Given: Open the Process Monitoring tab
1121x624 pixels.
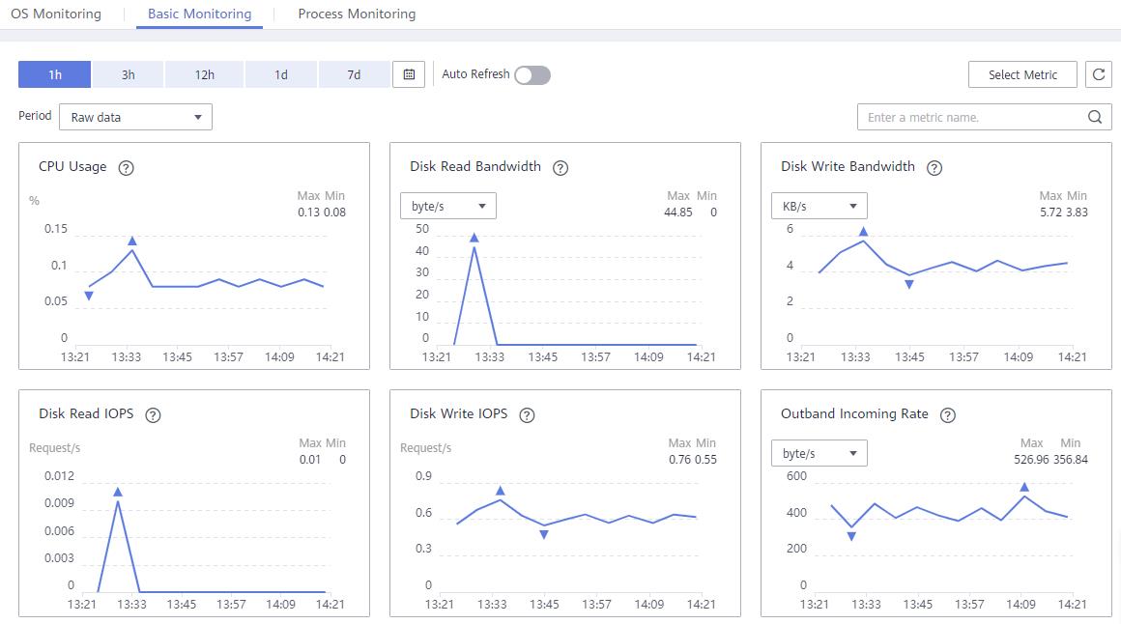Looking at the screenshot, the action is coord(357,14).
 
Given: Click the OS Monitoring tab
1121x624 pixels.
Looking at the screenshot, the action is coord(56,14).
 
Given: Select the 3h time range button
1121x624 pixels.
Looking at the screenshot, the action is coord(128,74).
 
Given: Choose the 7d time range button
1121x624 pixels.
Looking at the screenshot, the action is coord(354,74).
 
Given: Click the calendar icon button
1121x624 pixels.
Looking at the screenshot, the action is coord(409,74).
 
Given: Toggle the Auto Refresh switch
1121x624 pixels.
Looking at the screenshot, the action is coord(532,75).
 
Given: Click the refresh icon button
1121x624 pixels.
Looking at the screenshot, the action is coord(1099,74).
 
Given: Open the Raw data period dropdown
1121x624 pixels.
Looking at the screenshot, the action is coord(136,117).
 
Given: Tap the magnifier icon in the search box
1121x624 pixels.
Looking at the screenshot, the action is coord(1095,117).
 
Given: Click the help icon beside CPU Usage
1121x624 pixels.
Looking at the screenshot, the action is coord(126,168).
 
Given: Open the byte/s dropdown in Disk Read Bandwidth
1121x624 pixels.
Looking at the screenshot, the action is coord(447,206).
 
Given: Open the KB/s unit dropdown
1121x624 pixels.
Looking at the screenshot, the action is coord(819,206).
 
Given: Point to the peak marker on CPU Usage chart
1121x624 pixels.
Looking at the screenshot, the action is coord(132,241).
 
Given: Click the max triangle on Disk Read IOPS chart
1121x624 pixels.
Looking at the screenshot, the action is coord(118,492).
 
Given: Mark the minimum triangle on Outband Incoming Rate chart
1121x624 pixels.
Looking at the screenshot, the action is coord(851,536).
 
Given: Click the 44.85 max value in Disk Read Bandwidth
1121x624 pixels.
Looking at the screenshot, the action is coord(677,213).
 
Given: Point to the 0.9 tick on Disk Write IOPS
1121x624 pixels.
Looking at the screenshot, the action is coord(423,476).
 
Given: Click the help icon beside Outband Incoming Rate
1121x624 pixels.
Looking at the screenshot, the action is coord(948,415).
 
